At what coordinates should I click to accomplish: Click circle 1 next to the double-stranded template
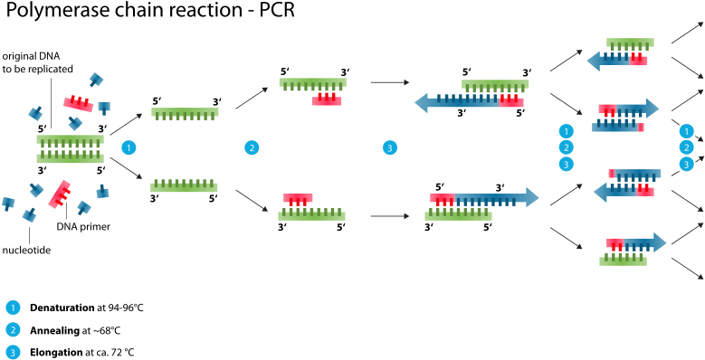[x=129, y=147]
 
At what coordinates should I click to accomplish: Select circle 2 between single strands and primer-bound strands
[x=252, y=147]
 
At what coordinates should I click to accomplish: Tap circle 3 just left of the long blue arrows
[x=389, y=147]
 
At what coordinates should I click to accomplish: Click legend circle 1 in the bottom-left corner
[x=13, y=308]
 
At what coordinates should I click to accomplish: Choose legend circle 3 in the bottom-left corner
[x=13, y=352]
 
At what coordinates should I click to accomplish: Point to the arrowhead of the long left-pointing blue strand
[x=421, y=102]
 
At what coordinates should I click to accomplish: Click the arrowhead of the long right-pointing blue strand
[x=532, y=197]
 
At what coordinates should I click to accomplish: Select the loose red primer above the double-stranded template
[x=78, y=104]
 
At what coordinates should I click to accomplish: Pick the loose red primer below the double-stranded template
[x=60, y=194]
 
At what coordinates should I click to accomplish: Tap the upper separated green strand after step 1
[x=185, y=113]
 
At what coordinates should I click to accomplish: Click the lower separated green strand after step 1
[x=184, y=187]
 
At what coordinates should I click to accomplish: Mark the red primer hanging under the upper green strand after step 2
[x=327, y=100]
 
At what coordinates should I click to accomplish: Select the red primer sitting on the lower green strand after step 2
[x=298, y=198]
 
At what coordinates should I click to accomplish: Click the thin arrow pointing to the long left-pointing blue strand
[x=389, y=82]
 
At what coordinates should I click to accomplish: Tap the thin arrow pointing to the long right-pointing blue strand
[x=389, y=216]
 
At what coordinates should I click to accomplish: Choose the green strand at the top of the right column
[x=630, y=43]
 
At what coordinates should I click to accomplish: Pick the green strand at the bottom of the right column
[x=623, y=261]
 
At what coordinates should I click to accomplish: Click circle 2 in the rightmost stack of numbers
[x=686, y=147]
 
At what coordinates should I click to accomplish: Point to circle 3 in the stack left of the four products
[x=566, y=164]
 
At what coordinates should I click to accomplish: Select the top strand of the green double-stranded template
[x=70, y=139]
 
